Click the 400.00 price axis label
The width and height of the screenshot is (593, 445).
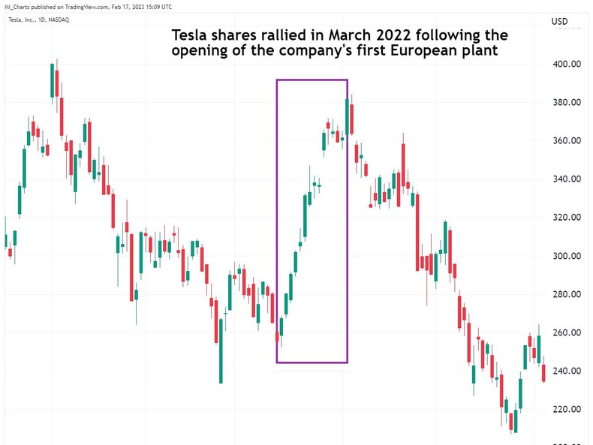pyautogui.click(x=567, y=64)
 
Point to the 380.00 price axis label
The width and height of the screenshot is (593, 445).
pyautogui.click(x=567, y=102)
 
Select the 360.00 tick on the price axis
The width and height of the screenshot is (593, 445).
pyautogui.click(x=567, y=140)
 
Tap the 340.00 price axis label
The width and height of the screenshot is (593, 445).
pyautogui.click(x=567, y=179)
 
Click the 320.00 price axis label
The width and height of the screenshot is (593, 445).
pyautogui.click(x=567, y=217)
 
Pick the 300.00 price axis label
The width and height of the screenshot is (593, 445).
pyautogui.click(x=567, y=255)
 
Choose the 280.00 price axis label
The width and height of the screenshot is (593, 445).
pyautogui.click(x=567, y=294)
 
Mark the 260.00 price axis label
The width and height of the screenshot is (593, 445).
pyautogui.click(x=567, y=332)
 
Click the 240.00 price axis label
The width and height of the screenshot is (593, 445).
pyautogui.click(x=567, y=371)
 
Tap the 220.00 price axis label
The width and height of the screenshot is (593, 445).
pyautogui.click(x=567, y=409)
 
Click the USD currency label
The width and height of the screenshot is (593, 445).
pyautogui.click(x=561, y=21)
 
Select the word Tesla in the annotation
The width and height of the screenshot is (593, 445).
pyautogui.click(x=191, y=35)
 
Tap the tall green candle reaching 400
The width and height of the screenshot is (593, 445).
pyautogui.click(x=53, y=80)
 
